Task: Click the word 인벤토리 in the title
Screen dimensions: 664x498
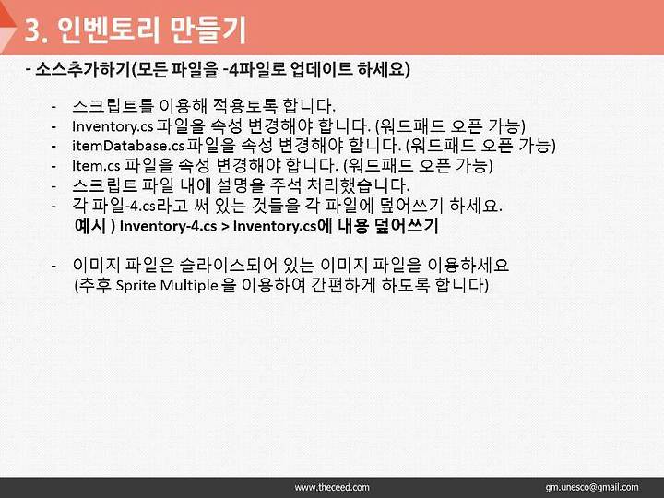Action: click(109, 30)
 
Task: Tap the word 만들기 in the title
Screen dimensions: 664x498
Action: click(207, 30)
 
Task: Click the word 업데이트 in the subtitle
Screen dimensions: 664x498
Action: click(322, 69)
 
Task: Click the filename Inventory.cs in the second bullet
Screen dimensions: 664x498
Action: click(113, 126)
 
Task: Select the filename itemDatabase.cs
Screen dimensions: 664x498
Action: click(128, 146)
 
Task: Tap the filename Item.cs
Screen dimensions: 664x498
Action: click(96, 166)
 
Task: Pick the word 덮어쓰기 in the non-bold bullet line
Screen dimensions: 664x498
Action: click(409, 206)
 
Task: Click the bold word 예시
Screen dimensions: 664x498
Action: click(89, 225)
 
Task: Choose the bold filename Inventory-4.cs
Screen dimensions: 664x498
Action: click(168, 226)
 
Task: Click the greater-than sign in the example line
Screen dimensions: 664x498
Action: click(225, 227)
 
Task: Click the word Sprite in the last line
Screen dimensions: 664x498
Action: click(136, 285)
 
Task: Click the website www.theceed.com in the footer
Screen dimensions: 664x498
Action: click(332, 488)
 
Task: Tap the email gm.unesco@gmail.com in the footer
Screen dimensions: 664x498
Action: click(592, 488)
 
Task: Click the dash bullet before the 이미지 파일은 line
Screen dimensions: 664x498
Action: click(53, 267)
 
